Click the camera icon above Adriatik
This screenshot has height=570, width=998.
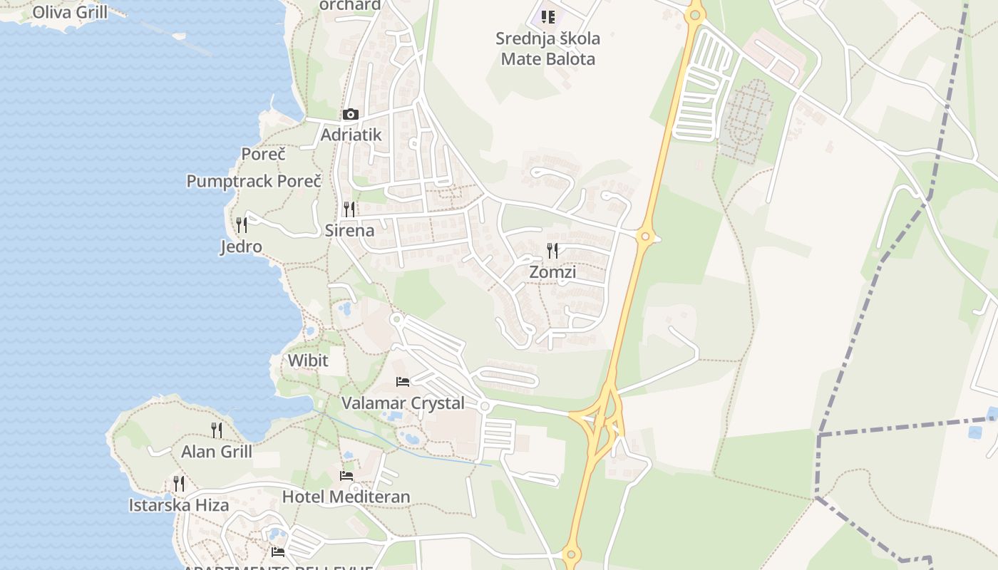[350, 114]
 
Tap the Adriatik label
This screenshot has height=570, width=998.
[351, 135]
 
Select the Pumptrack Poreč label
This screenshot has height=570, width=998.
[254, 181]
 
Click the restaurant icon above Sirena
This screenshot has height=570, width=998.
[349, 209]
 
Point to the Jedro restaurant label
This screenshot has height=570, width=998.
[241, 247]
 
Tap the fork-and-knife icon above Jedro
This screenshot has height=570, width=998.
[242, 225]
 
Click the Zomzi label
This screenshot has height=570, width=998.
[552, 271]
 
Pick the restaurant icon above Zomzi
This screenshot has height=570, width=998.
[552, 250]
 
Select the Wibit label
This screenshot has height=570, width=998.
[308, 361]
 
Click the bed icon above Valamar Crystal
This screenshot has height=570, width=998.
[403, 381]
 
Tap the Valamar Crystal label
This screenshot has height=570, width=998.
[403, 403]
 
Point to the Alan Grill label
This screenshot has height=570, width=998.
[217, 451]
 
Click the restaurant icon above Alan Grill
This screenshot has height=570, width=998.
[217, 430]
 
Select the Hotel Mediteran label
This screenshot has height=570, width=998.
[346, 497]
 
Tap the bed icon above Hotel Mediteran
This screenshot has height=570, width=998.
[346, 475]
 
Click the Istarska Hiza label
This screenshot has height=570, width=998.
[179, 505]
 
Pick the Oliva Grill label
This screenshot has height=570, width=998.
[71, 12]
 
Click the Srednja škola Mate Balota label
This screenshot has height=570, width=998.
[548, 48]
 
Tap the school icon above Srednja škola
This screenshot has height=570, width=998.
[547, 16]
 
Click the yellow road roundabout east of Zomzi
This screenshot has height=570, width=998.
[645, 237]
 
